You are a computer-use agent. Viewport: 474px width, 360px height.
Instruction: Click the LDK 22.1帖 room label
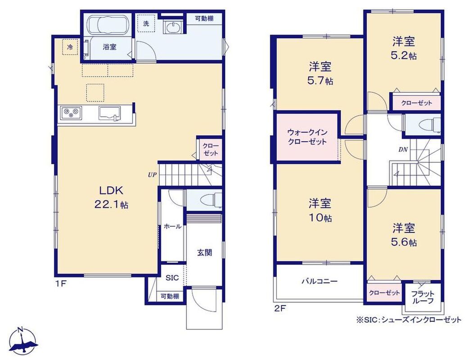point(112,198)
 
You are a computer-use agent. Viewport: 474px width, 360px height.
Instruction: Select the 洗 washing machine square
point(146,22)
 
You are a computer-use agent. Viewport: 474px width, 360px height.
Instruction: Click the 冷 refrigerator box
point(70,47)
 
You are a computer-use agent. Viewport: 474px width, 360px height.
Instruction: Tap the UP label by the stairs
point(152,175)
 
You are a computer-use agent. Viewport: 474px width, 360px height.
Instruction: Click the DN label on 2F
point(403,149)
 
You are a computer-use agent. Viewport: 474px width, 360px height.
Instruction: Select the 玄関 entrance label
point(205,252)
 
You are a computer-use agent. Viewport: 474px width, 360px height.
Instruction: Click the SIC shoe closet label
point(172,278)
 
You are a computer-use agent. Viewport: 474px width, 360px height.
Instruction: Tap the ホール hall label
point(172,226)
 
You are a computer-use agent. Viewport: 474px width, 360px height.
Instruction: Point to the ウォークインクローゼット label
point(307,137)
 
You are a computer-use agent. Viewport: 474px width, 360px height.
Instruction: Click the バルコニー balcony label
point(320,281)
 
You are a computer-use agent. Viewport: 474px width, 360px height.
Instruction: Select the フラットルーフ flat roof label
point(423,297)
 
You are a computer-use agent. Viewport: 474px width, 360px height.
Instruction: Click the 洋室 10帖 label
point(320,210)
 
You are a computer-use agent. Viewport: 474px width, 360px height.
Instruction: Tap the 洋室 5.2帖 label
point(404,48)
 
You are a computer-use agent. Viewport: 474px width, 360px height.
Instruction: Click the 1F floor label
point(60,283)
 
